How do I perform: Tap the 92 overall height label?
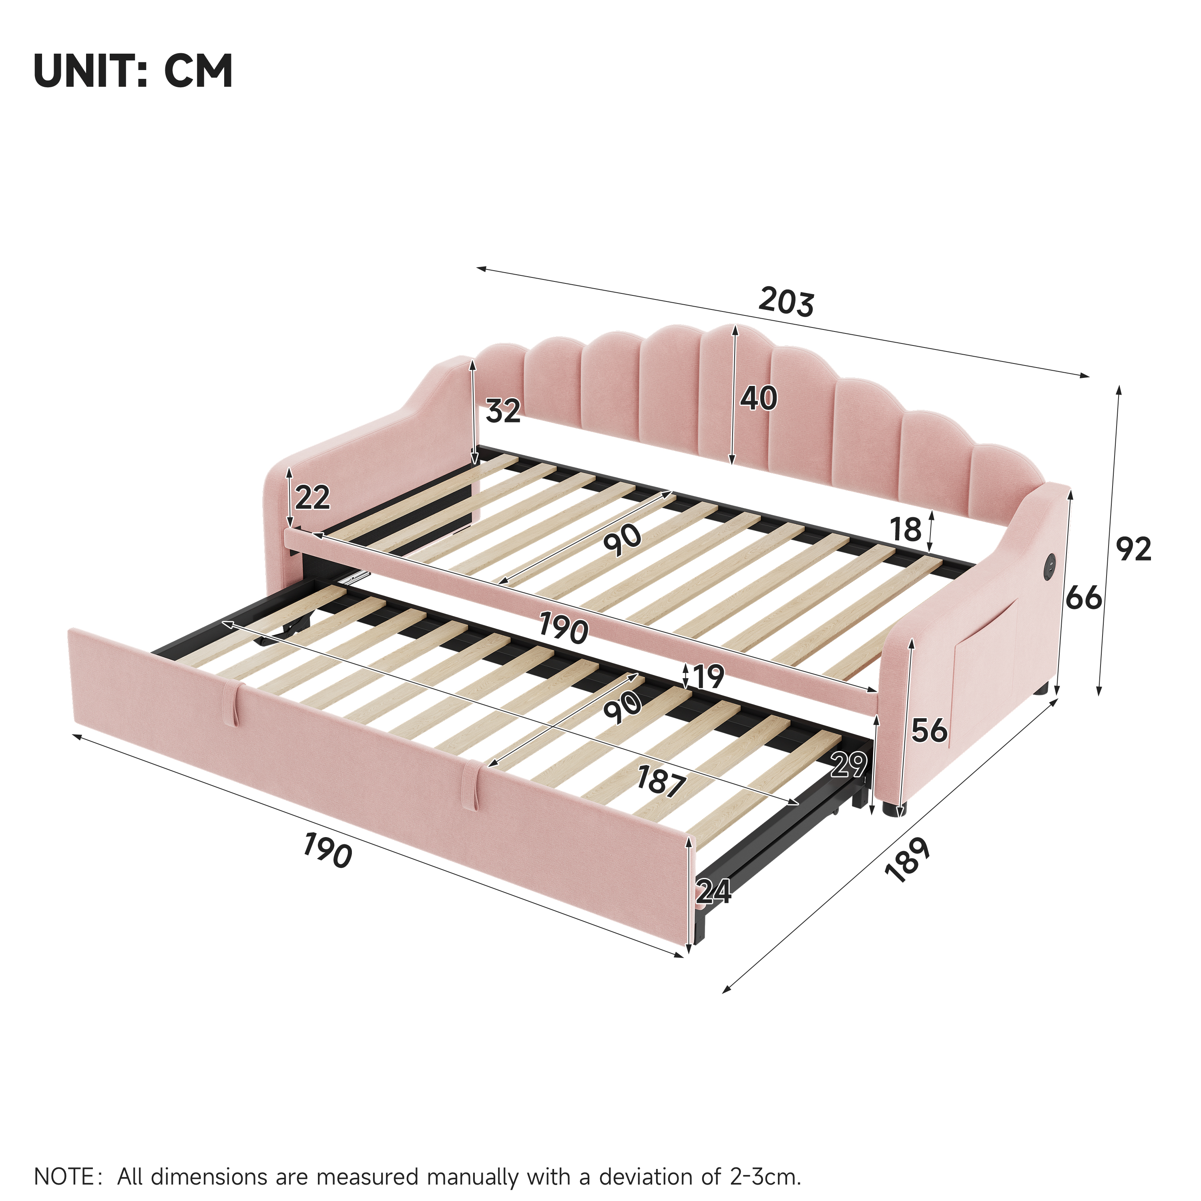tap(1134, 549)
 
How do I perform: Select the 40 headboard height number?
tap(758, 398)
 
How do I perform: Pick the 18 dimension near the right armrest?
tap(905, 530)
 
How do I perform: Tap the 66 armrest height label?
tap(1084, 598)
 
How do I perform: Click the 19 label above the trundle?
tap(709, 676)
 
